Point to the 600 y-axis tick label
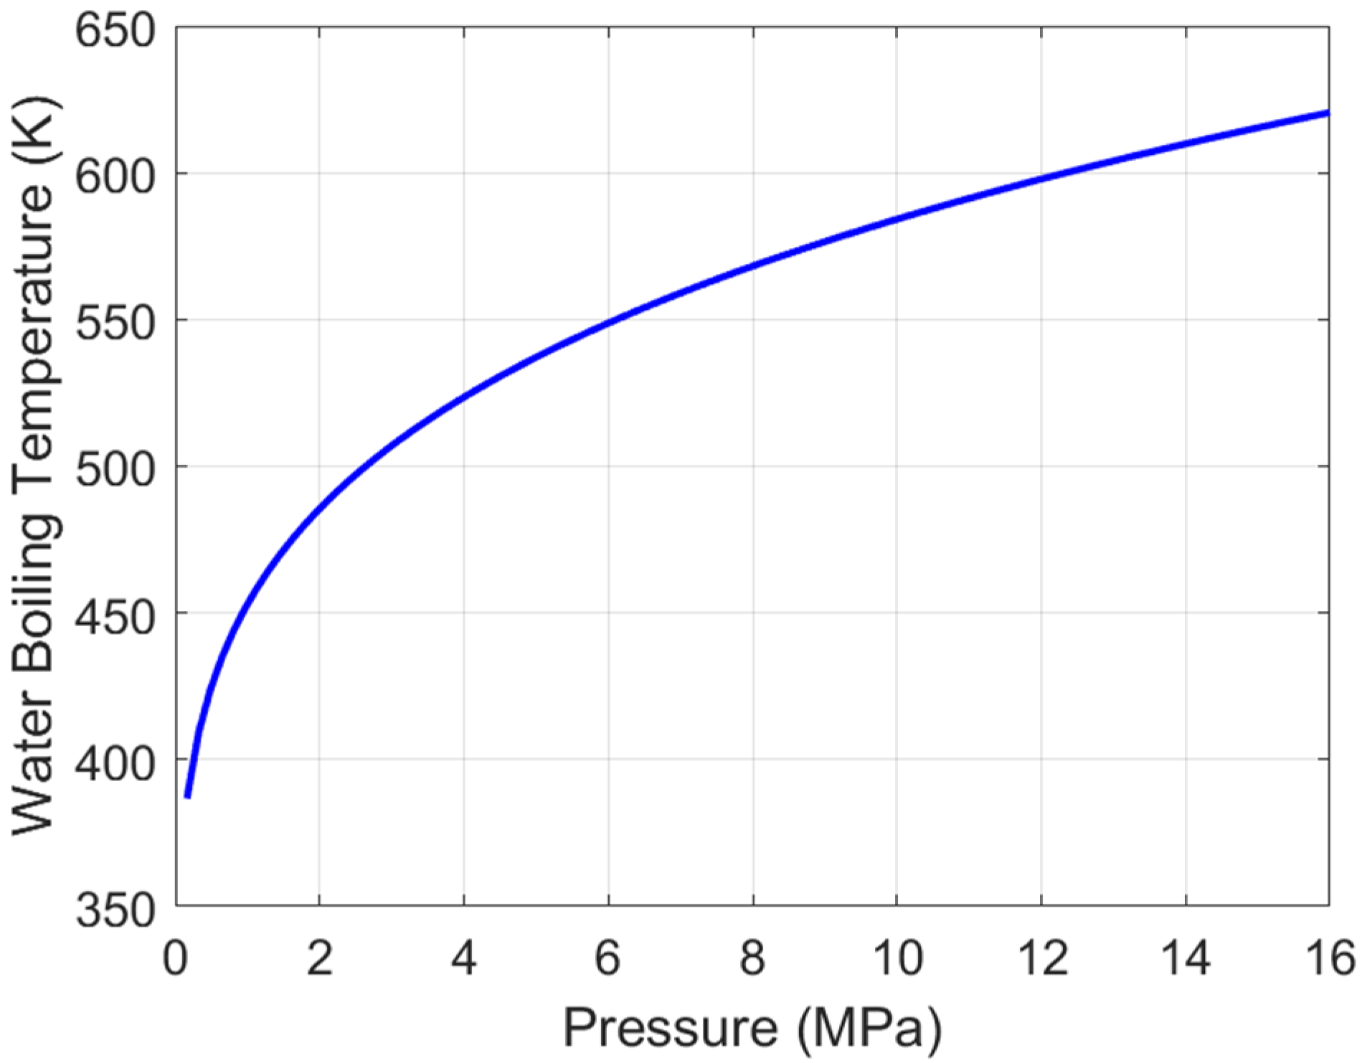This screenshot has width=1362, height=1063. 115,176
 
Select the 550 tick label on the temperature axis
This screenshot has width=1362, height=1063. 115,323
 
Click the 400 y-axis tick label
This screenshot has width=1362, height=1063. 115,762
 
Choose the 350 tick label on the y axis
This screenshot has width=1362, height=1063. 115,910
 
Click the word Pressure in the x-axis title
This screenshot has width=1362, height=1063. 670,1027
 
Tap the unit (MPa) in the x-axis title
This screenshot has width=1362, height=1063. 869,1029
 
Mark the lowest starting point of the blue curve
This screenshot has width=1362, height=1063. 188,796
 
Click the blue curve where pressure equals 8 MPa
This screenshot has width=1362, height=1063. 753,265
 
